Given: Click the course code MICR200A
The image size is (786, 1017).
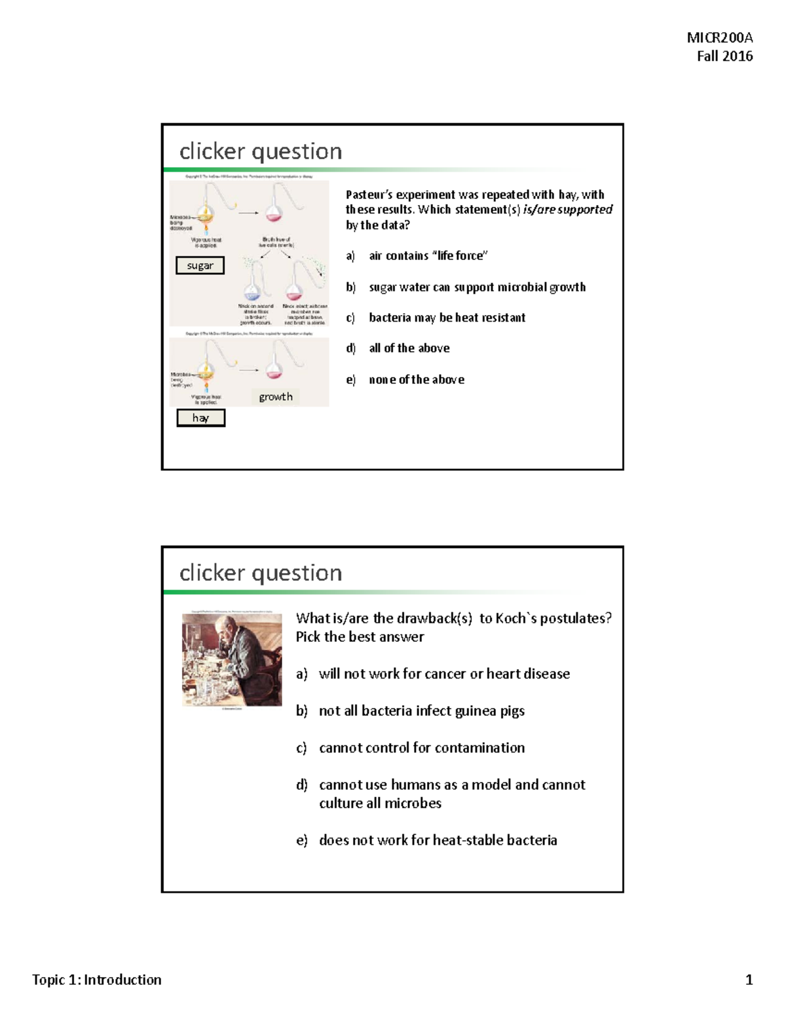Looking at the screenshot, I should (719, 37).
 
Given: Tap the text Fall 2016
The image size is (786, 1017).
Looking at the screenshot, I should (724, 56).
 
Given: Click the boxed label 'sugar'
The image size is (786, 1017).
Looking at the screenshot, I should (200, 265).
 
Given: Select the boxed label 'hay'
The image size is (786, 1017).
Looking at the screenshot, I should (200, 418).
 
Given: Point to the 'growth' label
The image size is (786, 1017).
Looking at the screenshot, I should (275, 397).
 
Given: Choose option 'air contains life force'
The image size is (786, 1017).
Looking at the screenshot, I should (428, 255).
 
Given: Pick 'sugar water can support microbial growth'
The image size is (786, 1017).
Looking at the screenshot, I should (477, 287).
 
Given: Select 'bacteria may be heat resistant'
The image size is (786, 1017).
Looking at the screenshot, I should (447, 318).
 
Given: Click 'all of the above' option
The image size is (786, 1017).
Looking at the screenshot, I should (409, 348).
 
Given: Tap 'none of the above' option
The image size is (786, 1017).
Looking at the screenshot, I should (417, 380).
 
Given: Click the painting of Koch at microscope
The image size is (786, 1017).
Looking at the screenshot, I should (232, 659).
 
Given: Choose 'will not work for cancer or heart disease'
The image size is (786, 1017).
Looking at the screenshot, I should (444, 674).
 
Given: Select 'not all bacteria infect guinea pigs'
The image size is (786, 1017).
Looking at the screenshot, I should (421, 711).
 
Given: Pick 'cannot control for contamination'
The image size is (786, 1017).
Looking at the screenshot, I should (421, 748).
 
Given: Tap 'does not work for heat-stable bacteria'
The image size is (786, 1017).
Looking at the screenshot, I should (438, 840).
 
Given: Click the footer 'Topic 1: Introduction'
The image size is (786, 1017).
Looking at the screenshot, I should (97, 980).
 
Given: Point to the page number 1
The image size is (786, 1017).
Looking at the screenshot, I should (749, 980).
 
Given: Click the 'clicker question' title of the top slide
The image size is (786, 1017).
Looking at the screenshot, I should (261, 151).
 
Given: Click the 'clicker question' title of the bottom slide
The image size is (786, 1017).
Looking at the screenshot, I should (261, 573).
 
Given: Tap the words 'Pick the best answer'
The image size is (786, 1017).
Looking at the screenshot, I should (360, 637).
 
